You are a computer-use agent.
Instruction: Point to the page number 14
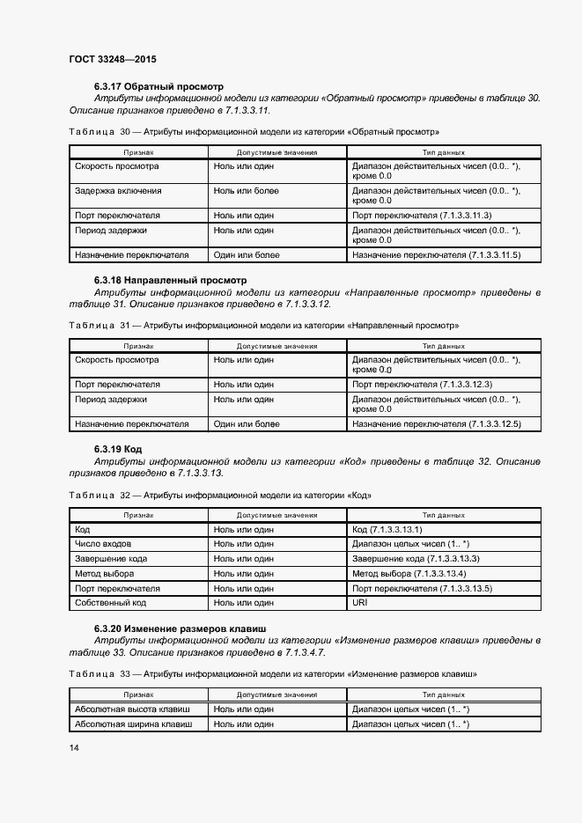(x=74, y=747)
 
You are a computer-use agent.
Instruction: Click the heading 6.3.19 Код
(x=118, y=449)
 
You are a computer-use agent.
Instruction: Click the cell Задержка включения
(x=118, y=190)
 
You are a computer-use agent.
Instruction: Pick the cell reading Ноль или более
(x=246, y=190)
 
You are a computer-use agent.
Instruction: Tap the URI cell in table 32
(x=360, y=603)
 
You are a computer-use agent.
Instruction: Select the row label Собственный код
(x=111, y=603)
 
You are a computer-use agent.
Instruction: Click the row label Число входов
(x=104, y=544)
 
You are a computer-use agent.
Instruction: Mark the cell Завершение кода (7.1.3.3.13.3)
(x=416, y=559)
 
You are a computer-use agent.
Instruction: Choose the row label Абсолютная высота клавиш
(x=137, y=709)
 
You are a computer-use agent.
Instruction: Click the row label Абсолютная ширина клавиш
(x=137, y=724)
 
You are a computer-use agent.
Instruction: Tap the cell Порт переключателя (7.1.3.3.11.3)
(x=422, y=215)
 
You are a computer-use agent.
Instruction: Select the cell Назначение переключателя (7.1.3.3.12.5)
(x=437, y=423)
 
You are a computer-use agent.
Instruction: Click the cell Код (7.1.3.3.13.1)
(x=387, y=530)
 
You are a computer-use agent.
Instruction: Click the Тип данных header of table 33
(x=444, y=694)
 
